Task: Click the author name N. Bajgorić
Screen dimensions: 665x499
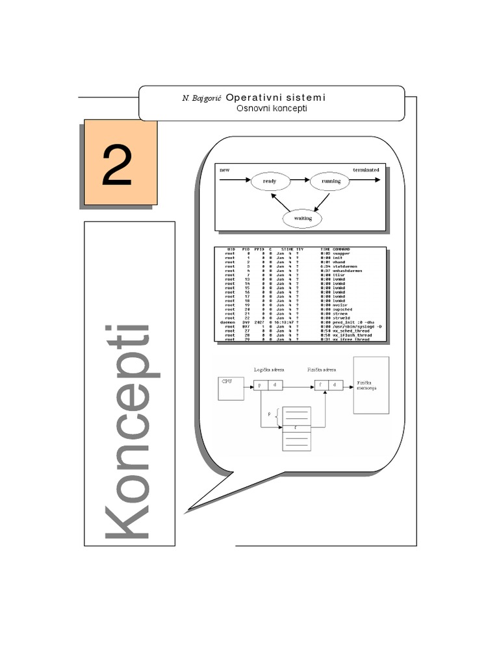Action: coord(202,97)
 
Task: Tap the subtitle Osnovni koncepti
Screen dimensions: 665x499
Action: coord(272,108)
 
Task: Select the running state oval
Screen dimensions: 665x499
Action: coord(331,181)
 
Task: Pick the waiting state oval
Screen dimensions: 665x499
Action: coord(303,218)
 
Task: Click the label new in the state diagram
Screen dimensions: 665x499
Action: coord(225,169)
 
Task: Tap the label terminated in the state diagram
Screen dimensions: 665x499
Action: coord(366,169)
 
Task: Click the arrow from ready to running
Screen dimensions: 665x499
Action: coord(299,181)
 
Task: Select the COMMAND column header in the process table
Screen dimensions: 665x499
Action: coord(342,249)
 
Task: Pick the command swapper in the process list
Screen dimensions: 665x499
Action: coord(342,254)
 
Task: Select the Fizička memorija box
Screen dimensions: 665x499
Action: coord(371,385)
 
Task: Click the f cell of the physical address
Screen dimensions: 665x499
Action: coord(321,385)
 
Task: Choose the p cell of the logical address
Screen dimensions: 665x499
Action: coord(259,385)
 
